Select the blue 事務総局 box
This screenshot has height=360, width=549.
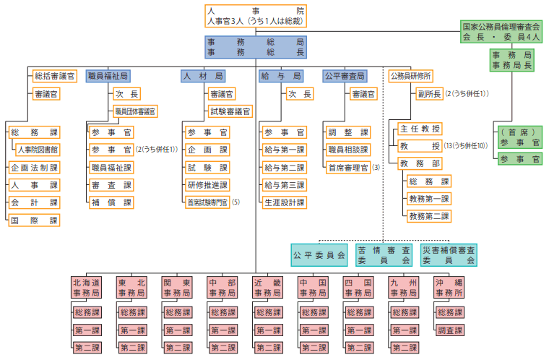point(255,48)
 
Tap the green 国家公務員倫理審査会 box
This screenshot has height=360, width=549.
point(501,30)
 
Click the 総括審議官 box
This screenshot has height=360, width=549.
point(55,76)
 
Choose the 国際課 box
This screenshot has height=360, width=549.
point(34,220)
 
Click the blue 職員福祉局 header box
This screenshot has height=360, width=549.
point(108,76)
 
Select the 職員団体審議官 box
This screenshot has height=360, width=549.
point(135,111)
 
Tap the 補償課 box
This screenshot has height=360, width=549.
point(111,202)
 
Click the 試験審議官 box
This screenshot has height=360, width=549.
point(230,111)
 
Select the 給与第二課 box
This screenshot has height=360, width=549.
point(284,168)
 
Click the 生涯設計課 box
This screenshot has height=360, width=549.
point(284,202)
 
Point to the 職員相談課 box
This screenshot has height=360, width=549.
point(348,150)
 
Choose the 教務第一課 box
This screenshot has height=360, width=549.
point(429,199)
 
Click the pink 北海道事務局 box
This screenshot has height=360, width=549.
point(85,288)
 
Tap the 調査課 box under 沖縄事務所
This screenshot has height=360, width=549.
point(449,330)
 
